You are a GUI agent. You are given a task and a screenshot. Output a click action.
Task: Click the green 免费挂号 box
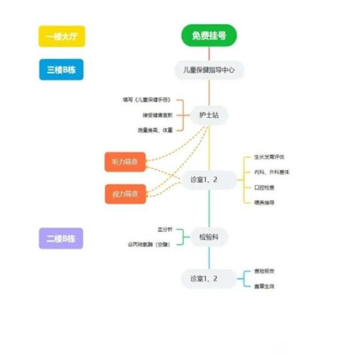(x=209, y=35)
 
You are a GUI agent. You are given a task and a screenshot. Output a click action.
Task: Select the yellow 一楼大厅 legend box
(x=62, y=37)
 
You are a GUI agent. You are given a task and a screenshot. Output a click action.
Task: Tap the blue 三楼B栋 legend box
(x=62, y=70)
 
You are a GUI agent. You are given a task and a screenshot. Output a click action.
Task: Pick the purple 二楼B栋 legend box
(x=61, y=238)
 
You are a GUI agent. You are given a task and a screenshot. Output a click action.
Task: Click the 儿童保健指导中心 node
(x=209, y=70)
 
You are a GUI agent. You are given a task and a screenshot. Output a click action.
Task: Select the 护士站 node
(x=209, y=115)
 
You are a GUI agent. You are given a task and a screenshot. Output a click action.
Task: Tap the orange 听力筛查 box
(x=125, y=162)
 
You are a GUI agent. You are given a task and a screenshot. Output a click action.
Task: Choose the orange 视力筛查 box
(x=125, y=194)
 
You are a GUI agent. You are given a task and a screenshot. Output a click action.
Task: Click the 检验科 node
(x=209, y=237)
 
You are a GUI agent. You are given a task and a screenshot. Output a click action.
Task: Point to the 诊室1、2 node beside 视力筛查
(x=209, y=180)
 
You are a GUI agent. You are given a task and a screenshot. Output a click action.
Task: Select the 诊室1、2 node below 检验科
(x=209, y=279)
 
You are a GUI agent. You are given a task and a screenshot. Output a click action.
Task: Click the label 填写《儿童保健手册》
(x=147, y=100)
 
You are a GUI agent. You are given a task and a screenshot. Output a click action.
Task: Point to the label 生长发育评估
(x=270, y=157)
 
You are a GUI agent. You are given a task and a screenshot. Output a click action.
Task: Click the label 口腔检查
(x=264, y=187)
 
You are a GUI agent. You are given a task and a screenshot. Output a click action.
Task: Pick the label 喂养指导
(x=264, y=202)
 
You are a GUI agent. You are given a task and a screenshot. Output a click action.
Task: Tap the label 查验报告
(x=264, y=271)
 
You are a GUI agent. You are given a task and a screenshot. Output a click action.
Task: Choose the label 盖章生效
(x=264, y=286)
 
